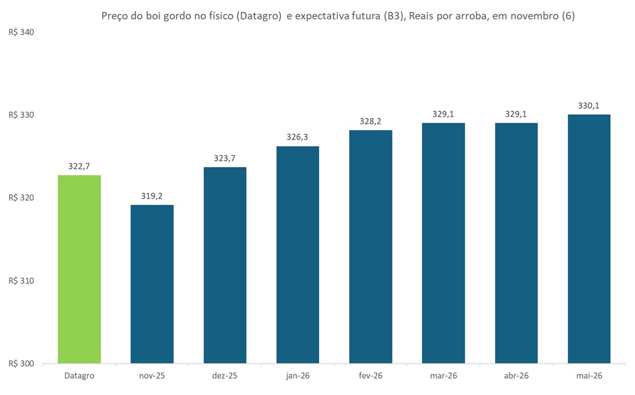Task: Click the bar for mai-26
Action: point(589,239)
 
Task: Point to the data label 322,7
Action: point(79,166)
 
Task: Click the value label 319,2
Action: point(152,196)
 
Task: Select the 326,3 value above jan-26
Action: point(298,137)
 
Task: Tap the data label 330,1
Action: point(589,106)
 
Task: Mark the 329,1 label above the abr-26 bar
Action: point(516,114)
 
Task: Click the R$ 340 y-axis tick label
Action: point(21,32)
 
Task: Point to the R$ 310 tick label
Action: point(21,281)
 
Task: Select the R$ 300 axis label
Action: point(21,364)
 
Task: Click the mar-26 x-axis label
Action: point(443,376)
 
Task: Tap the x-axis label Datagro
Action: point(79,376)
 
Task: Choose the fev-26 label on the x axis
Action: point(371,376)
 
